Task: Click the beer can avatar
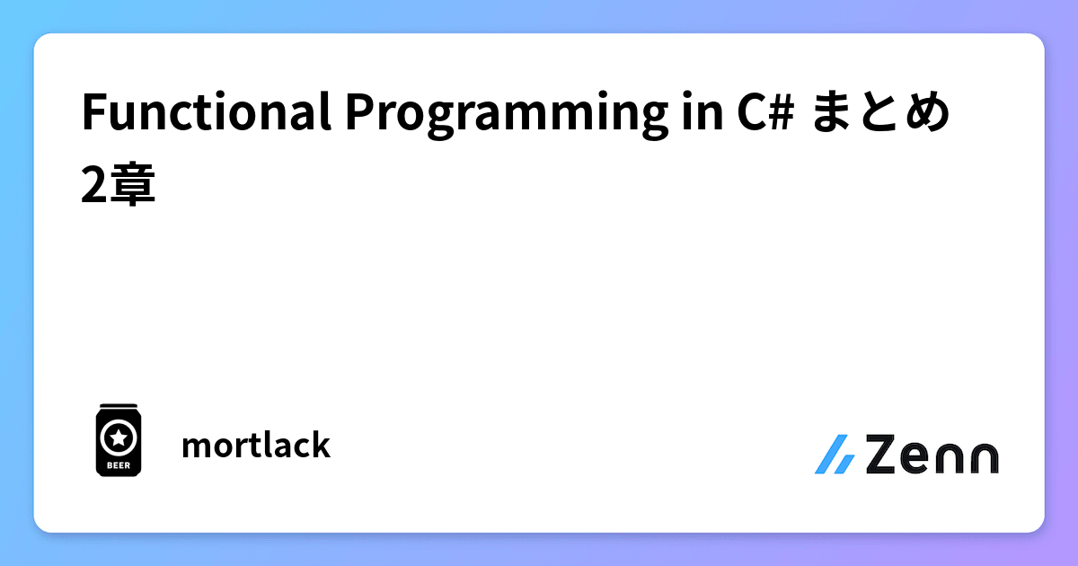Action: (x=117, y=439)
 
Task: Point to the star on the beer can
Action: (x=117, y=438)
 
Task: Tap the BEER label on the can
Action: (x=117, y=465)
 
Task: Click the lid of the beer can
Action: (x=117, y=407)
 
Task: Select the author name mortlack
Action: (x=256, y=445)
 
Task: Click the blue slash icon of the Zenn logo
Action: (x=835, y=455)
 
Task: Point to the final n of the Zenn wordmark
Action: (x=984, y=457)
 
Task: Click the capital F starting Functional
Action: (x=91, y=114)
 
